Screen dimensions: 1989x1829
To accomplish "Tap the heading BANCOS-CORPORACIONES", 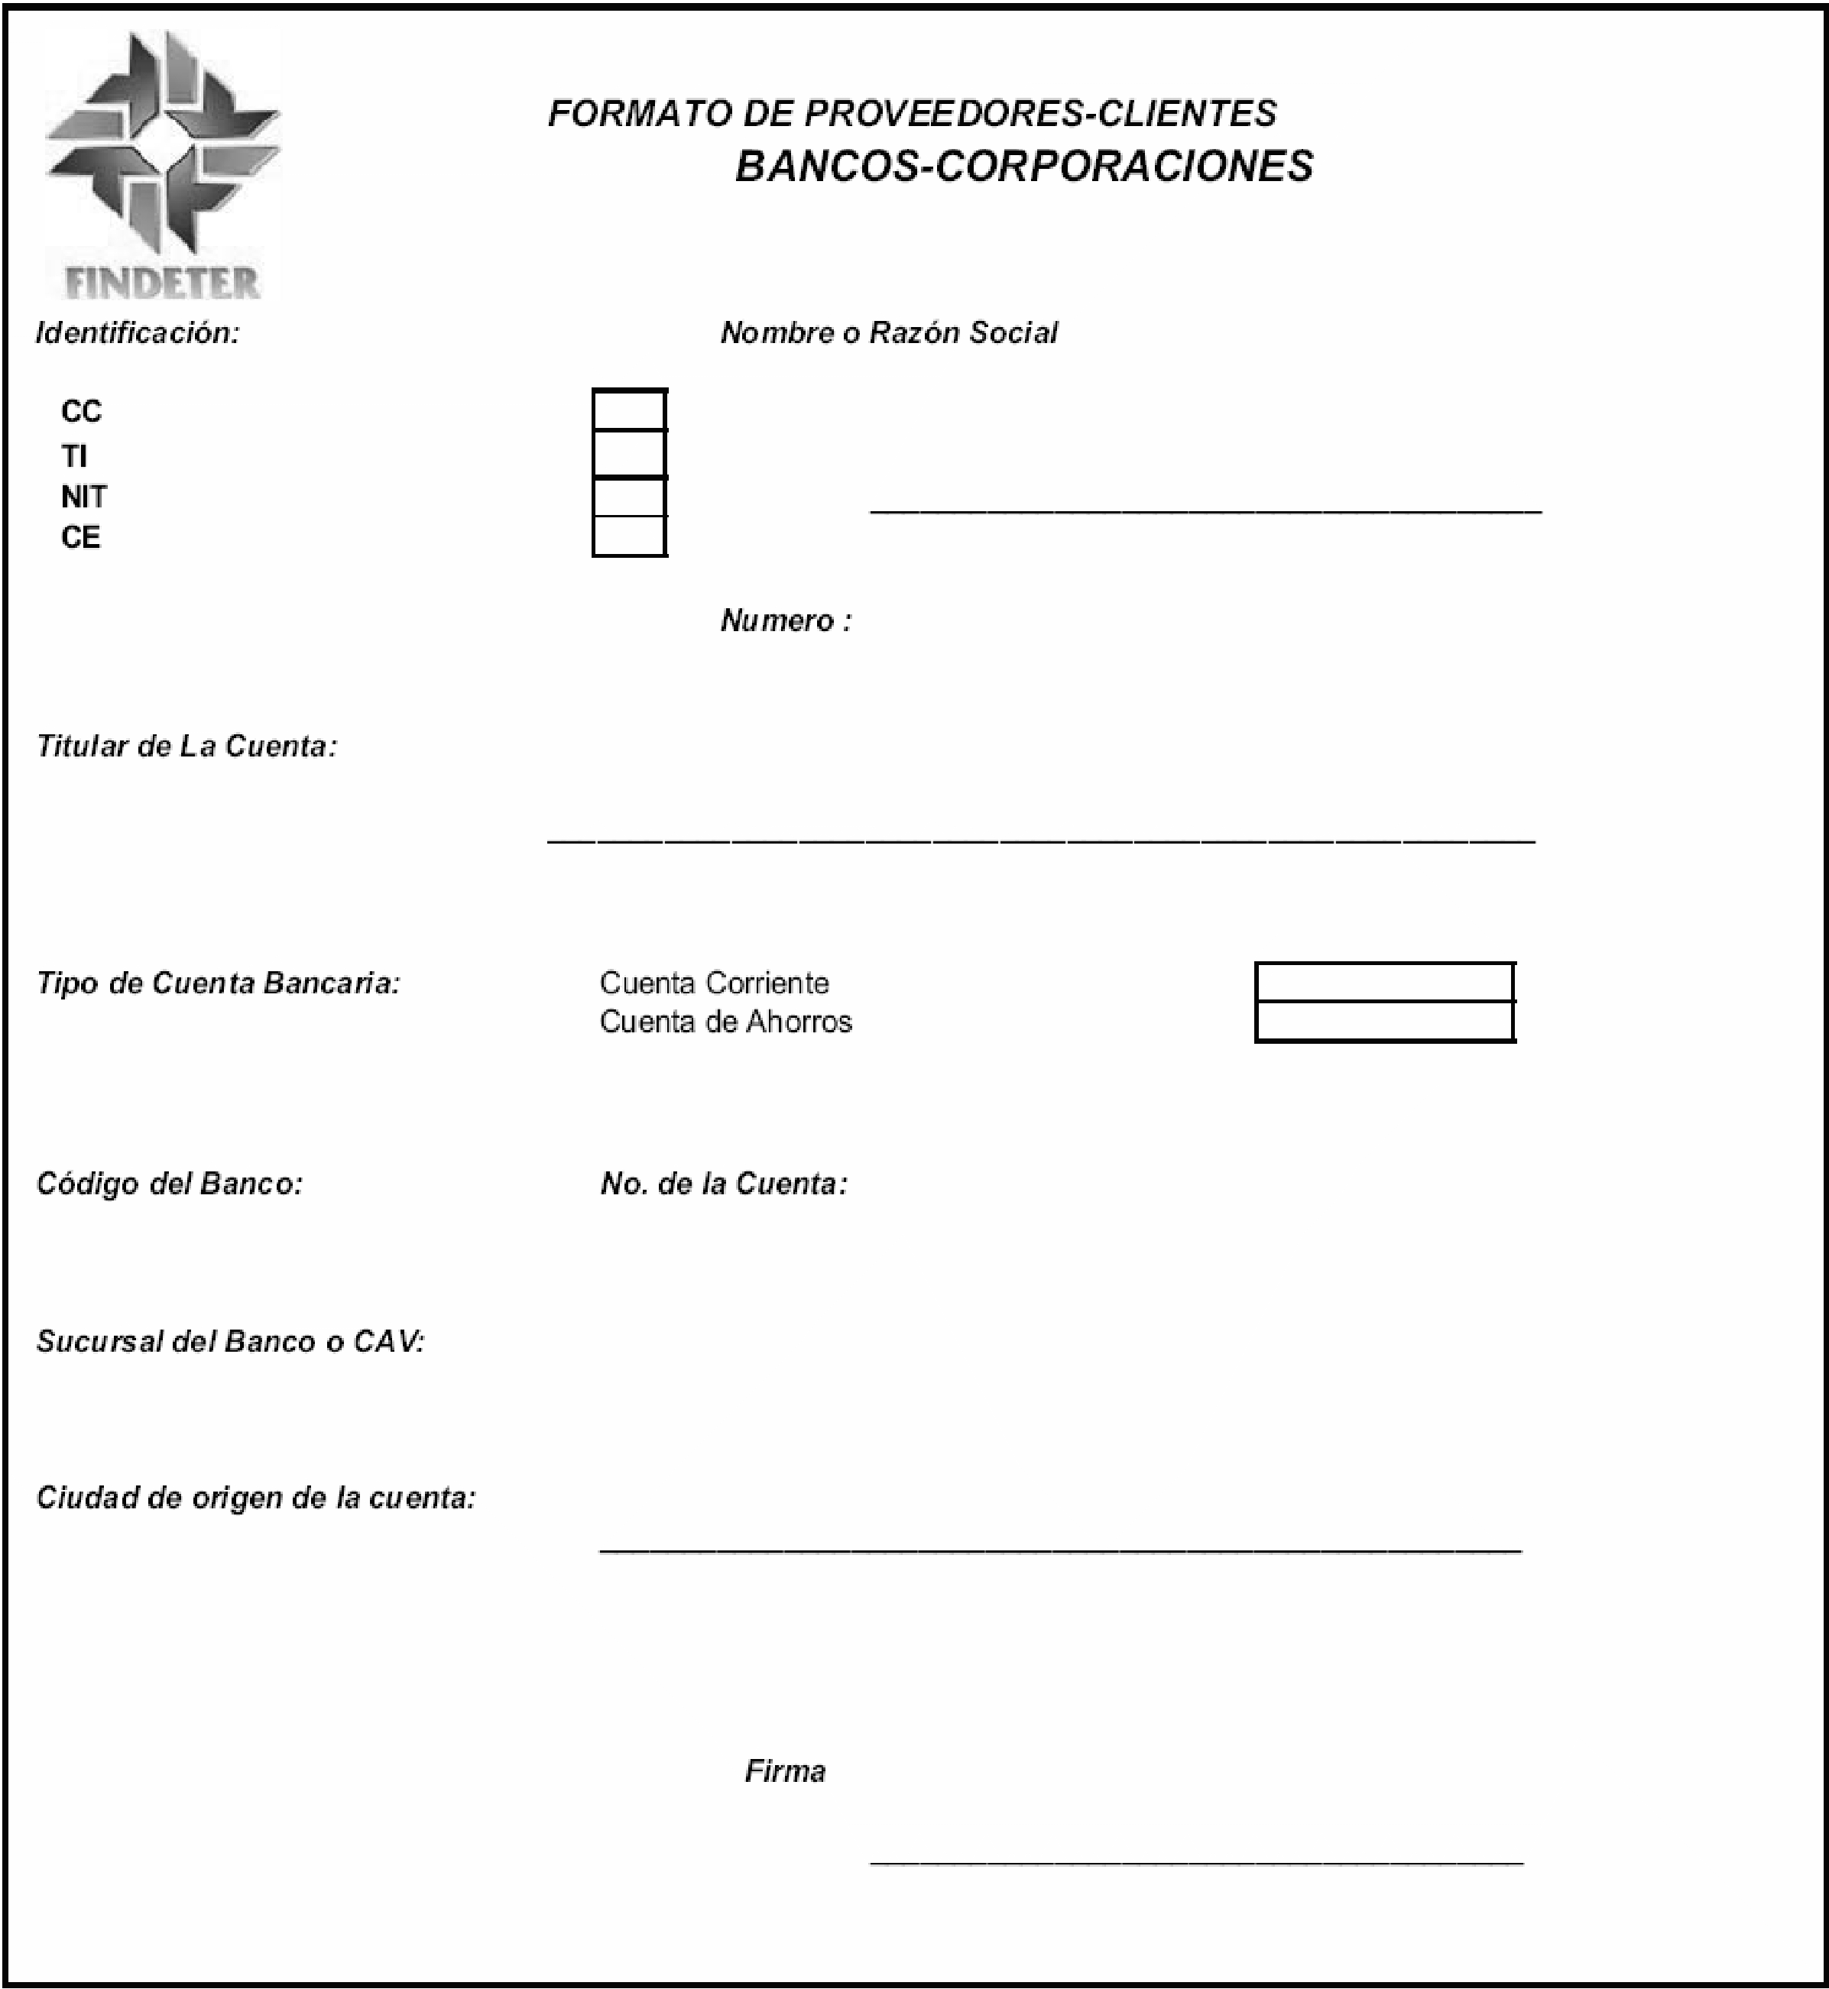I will click(x=1023, y=167).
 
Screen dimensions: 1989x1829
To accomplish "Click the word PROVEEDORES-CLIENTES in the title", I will click(x=1039, y=114).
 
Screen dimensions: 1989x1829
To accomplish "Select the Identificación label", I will click(x=138, y=332).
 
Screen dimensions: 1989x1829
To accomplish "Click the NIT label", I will click(x=84, y=497).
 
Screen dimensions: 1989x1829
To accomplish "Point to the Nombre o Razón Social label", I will click(x=889, y=332).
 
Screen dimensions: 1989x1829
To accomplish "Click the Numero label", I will click(x=786, y=620).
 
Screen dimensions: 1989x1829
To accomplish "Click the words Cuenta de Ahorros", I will click(x=725, y=1021).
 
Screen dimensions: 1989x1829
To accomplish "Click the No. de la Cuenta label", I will click(x=724, y=1184).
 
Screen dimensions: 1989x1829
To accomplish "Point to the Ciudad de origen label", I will click(x=256, y=1497).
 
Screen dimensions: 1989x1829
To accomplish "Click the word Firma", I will click(x=785, y=1770).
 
